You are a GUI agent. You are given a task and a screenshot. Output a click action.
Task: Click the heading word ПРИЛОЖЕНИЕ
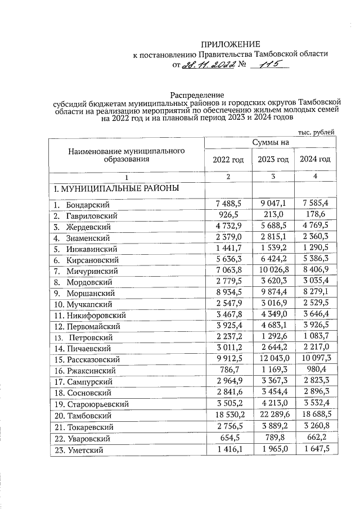(232, 44)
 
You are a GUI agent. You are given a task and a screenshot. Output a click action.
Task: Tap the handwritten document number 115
(267, 65)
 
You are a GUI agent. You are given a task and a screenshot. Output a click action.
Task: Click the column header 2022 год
(228, 160)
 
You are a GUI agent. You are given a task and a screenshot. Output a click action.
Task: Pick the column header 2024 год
(315, 160)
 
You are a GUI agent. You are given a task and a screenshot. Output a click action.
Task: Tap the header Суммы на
(271, 143)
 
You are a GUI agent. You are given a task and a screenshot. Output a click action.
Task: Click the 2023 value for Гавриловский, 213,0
(273, 216)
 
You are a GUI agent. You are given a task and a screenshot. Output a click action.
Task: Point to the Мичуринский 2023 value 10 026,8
(273, 271)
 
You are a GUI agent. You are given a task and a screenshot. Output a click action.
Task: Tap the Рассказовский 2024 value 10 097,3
(315, 359)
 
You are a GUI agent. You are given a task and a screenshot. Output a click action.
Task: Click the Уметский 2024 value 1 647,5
(315, 449)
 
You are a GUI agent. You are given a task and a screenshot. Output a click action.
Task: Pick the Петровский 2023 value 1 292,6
(273, 337)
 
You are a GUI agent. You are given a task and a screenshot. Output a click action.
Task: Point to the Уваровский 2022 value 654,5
(228, 437)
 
